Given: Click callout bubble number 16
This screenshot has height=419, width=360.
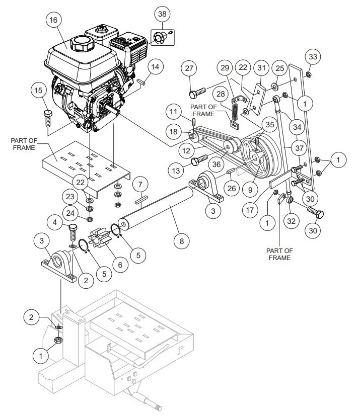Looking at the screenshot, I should coord(54,21).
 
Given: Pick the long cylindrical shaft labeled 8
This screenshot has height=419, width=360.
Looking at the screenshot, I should coord(156,206).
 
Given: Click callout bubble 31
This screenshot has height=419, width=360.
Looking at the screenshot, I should coord(261,67).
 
